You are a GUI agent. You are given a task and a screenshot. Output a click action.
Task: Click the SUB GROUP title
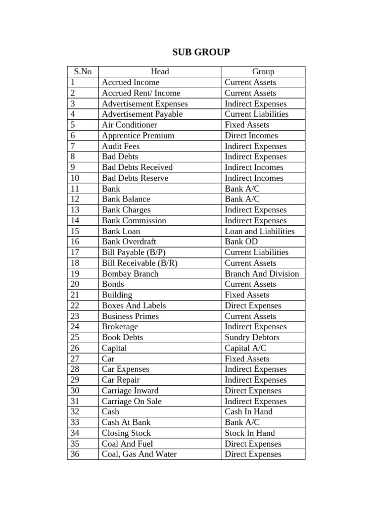pyautogui.click(x=201, y=52)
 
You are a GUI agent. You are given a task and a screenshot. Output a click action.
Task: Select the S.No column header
pyautogui.click(x=83, y=71)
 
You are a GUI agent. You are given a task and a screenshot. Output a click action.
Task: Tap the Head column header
pyautogui.click(x=160, y=71)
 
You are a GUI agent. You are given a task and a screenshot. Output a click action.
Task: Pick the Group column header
pyautogui.click(x=263, y=71)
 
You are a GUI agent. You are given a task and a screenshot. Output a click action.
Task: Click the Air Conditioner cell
pyautogui.click(x=129, y=125)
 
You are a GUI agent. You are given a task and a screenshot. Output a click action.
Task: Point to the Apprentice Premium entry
pyautogui.click(x=138, y=135)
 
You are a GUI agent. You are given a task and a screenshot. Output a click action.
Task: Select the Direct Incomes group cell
pyautogui.click(x=251, y=135)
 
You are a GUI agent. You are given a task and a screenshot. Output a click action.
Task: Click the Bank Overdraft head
pyautogui.click(x=129, y=242)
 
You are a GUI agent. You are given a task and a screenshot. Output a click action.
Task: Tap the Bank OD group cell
pyautogui.click(x=241, y=242)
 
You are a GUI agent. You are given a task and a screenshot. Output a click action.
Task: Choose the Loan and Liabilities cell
pyautogui.click(x=259, y=231)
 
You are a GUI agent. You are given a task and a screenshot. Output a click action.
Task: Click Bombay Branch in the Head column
pyautogui.click(x=130, y=274)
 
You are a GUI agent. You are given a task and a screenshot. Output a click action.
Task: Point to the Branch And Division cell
pyautogui.click(x=262, y=274)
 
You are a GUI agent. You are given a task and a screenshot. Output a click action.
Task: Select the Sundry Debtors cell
pyautogui.click(x=252, y=337)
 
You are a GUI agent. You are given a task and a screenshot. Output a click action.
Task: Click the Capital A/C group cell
pyautogui.click(x=245, y=348)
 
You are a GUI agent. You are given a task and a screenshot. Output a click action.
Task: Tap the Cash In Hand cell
pyautogui.click(x=248, y=411)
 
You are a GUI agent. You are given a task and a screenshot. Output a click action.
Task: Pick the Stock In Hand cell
pyautogui.click(x=249, y=433)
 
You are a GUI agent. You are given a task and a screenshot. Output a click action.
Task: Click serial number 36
pyautogui.click(x=75, y=454)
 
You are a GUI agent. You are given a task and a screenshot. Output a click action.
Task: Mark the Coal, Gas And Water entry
pyautogui.click(x=139, y=454)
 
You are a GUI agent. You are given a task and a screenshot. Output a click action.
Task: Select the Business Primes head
pyautogui.click(x=131, y=316)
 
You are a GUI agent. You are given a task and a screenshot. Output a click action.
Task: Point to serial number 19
pyautogui.click(x=75, y=274)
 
